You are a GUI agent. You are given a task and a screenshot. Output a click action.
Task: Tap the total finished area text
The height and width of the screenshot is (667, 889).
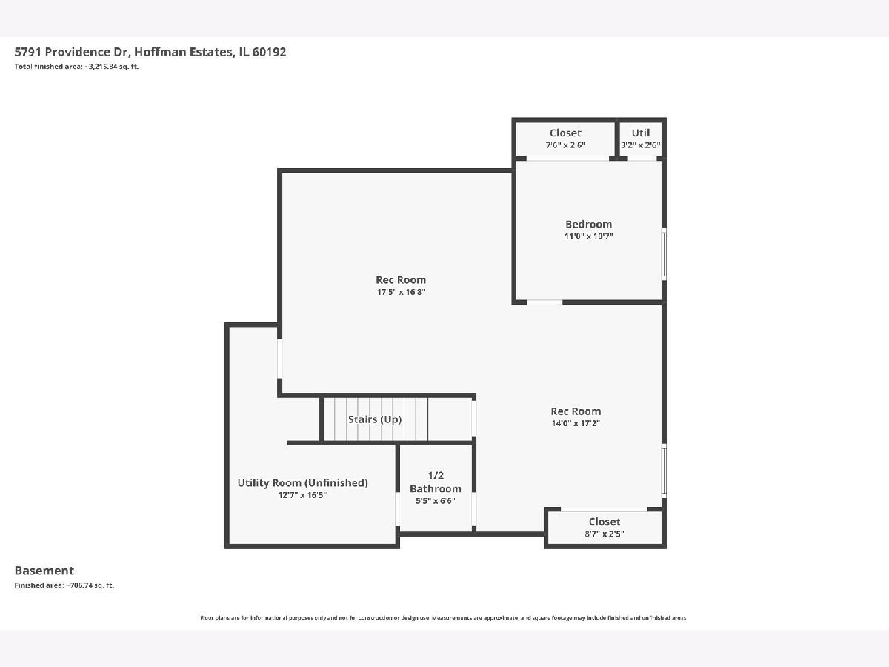76,67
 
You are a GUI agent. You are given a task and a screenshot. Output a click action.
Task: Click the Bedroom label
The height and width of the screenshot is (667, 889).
588,224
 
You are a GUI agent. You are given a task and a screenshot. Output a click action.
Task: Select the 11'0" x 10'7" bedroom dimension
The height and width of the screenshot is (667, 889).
588,236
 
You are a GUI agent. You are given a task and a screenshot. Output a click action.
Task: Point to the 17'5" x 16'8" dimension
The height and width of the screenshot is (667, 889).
401,291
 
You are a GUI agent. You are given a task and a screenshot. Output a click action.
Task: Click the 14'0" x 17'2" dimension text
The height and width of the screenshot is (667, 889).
576,423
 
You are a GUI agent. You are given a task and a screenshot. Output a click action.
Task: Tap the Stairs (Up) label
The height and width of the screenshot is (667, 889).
375,419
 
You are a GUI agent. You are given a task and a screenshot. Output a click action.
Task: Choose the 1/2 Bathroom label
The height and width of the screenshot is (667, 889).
436,482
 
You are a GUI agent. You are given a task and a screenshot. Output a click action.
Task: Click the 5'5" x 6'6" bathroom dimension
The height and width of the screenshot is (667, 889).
436,500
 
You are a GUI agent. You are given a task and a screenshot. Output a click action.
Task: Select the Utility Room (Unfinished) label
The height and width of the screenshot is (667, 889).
302,482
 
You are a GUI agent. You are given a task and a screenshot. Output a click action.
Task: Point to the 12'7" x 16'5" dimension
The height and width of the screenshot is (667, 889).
302,495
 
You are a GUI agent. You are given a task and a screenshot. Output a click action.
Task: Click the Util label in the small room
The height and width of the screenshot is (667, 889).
640,133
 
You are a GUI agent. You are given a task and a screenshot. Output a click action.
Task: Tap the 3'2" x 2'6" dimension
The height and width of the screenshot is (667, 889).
640,145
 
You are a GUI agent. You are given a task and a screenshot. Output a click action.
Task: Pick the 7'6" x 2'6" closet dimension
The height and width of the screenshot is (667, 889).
565,145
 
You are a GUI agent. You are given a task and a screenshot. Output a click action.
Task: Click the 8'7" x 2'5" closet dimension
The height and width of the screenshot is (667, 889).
605,534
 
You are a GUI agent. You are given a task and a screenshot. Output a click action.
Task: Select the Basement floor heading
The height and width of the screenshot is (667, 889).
44,571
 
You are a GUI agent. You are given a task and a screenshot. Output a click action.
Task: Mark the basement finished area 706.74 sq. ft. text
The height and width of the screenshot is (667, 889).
64,585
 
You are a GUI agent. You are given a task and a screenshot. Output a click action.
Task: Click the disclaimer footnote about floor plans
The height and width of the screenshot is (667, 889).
444,617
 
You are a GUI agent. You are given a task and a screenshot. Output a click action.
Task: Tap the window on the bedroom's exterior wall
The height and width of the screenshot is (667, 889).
665,254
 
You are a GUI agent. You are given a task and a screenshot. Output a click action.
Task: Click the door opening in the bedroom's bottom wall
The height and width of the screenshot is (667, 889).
545,302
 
